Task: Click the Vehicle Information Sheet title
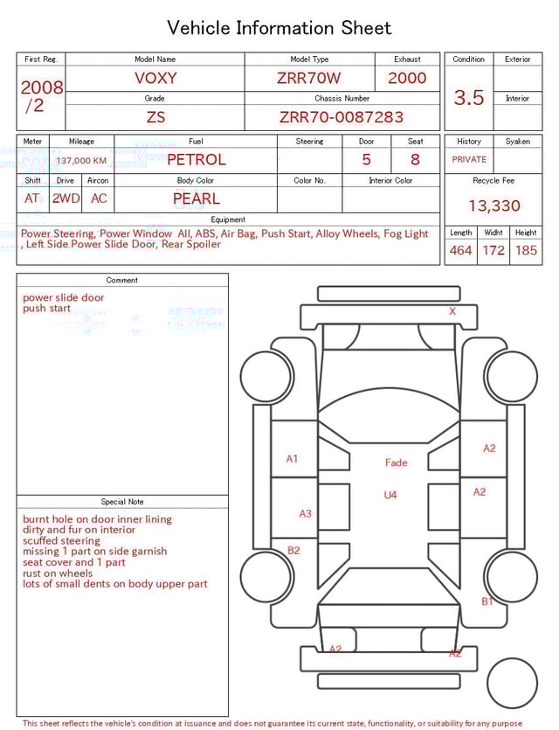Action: point(279,28)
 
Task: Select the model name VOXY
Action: point(155,78)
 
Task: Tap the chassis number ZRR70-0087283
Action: point(342,117)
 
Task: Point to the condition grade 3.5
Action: point(469,98)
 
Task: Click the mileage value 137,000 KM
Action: point(81,161)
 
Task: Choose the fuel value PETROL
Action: point(196,160)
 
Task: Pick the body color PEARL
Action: point(196,198)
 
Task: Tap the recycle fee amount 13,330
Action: point(493,206)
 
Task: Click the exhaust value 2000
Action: point(407,78)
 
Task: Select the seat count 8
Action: point(415,160)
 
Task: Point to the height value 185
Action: point(526,251)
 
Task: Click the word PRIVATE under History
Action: point(469,160)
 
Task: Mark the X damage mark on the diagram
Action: point(452,311)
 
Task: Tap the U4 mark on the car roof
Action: point(390,496)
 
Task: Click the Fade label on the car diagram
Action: point(396,462)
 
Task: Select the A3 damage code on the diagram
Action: point(305,514)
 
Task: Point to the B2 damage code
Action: point(293,551)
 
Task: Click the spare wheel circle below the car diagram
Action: point(513,683)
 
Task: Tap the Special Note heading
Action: point(122,502)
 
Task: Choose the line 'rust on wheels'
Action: point(58,574)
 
